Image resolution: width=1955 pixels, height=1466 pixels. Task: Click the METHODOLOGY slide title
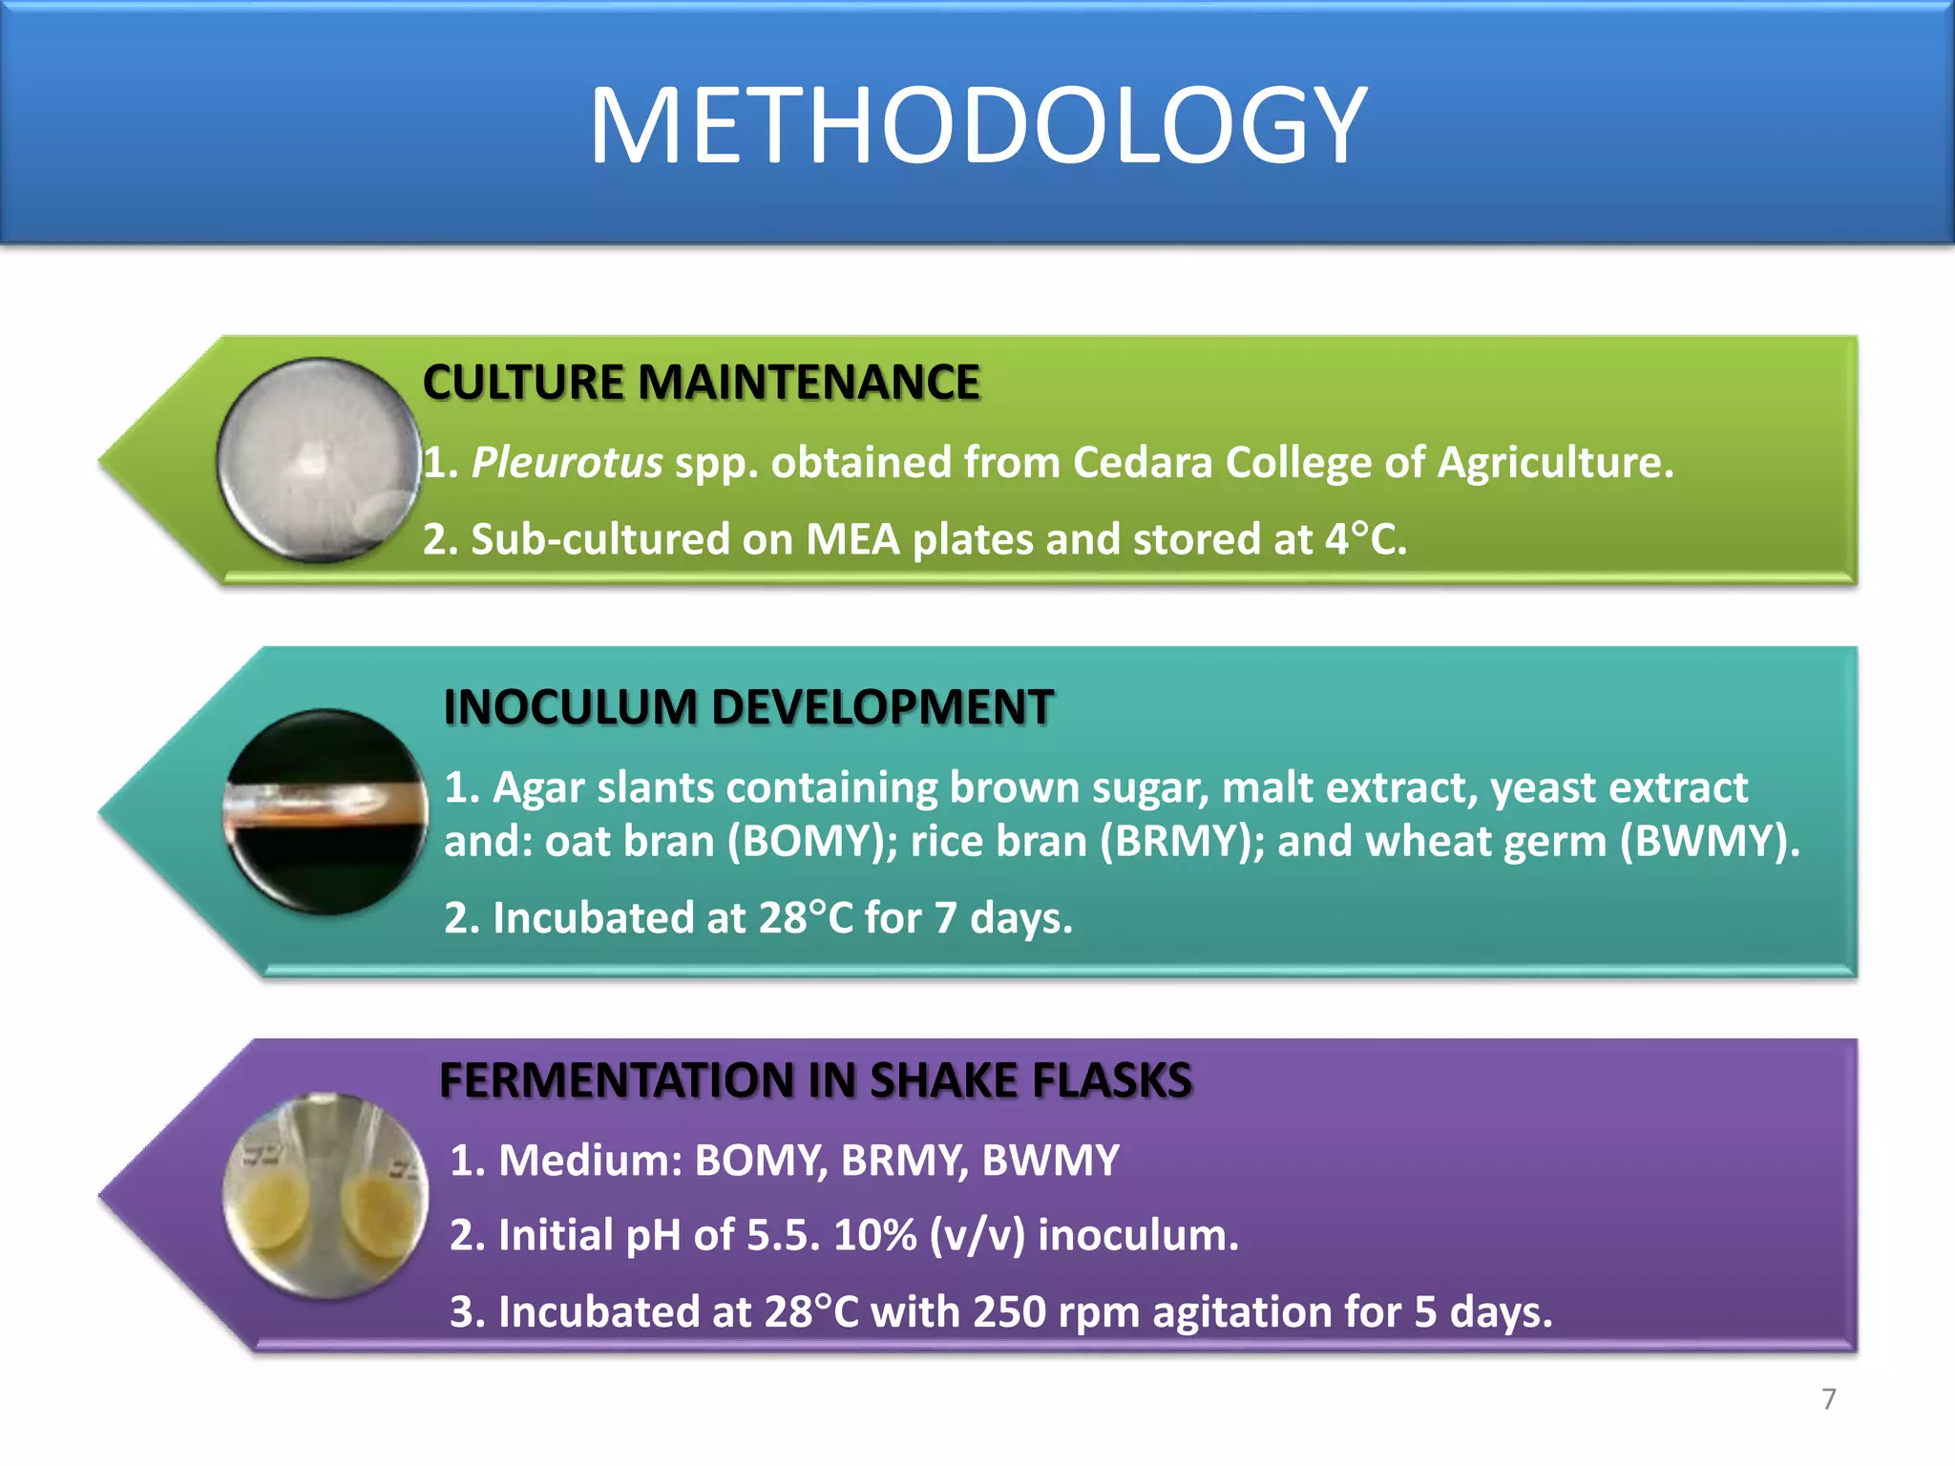click(x=977, y=126)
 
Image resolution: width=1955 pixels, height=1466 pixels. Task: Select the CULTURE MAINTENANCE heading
click(x=701, y=383)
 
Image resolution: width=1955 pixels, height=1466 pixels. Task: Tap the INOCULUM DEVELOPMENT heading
click(x=748, y=707)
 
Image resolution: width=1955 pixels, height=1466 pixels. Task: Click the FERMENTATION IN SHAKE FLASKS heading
click(x=815, y=1080)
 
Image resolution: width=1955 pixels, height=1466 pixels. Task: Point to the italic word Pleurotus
click(x=567, y=463)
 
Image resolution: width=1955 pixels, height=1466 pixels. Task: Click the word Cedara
click(x=1142, y=463)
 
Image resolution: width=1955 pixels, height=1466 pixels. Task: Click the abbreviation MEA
click(x=852, y=539)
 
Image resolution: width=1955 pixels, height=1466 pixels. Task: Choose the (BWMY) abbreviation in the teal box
click(x=1709, y=842)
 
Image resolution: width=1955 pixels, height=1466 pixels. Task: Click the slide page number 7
click(x=1828, y=1399)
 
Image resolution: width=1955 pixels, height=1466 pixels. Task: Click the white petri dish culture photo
click(x=318, y=459)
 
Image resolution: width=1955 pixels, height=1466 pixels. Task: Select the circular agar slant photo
click(x=326, y=811)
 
